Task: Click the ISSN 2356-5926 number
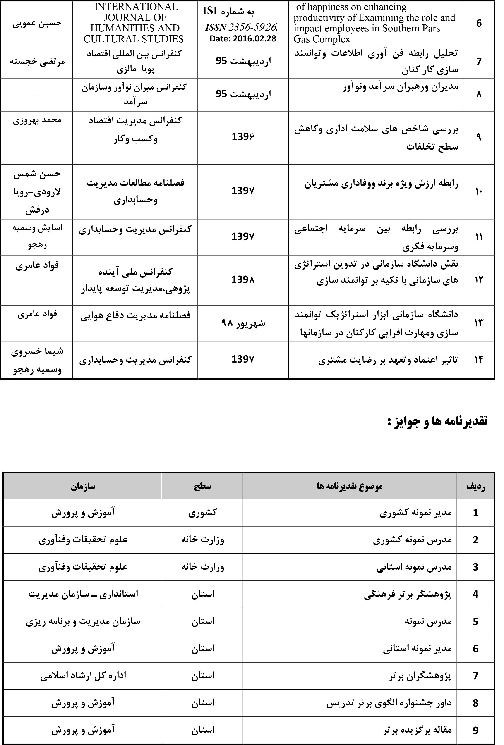coord(241,28)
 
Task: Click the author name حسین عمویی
coord(37,23)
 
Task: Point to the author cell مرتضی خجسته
coord(37,61)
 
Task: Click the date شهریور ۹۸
coord(243,323)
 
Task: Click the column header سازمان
coord(83,486)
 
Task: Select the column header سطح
coord(202,486)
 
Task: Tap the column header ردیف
coord(475,487)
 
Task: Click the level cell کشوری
coord(202,513)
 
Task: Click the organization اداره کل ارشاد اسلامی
coord(83,676)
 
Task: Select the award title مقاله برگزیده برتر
coord(417,730)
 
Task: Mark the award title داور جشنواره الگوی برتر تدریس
coord(389,703)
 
